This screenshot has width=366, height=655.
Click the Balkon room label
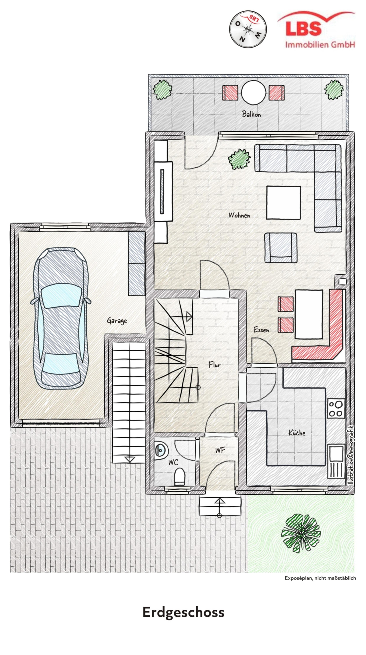251,114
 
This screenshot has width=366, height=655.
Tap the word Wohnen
239,215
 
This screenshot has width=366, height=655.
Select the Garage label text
117,321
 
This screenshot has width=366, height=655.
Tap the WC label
173,462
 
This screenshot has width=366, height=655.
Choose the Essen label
261,330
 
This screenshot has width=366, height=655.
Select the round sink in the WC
161,450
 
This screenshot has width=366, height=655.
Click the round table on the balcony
253,92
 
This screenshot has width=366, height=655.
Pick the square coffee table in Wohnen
283,202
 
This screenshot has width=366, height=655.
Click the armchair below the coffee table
281,248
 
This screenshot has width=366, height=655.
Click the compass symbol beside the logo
248,29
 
